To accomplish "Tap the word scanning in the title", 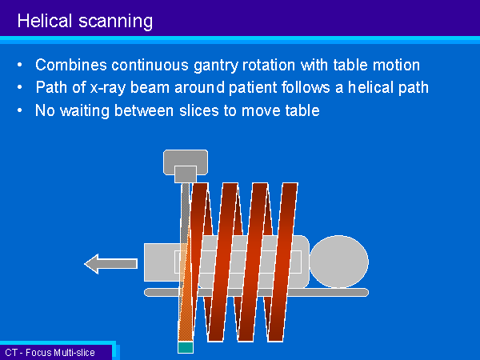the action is [x=116, y=22].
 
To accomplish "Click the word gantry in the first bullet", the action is [x=216, y=66].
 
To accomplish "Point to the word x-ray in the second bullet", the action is [x=108, y=88].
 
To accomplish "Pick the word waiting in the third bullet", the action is [x=85, y=111].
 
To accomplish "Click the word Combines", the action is [x=71, y=65].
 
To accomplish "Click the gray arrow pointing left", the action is [x=111, y=264].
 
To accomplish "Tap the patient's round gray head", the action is [x=339, y=262].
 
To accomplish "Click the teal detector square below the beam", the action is [x=186, y=347].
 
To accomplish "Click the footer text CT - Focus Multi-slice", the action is [x=50, y=353].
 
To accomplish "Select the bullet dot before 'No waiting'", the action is [x=20, y=110].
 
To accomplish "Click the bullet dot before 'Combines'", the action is [x=20, y=66].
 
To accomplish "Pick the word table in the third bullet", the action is [x=302, y=110].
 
